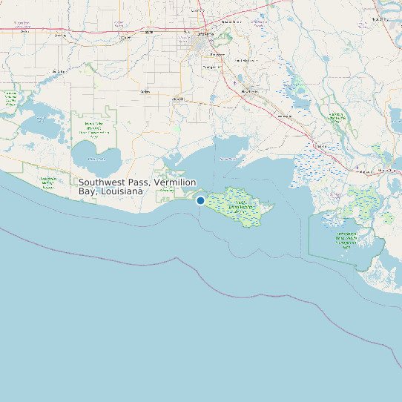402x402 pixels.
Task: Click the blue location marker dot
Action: pos(200,200)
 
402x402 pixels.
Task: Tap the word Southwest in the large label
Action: pos(102,182)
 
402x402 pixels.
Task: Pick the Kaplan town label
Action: pos(145,92)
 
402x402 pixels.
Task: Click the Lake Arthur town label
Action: pos(58,72)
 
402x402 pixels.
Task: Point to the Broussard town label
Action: pos(217,55)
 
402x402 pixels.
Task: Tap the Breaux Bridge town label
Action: pos(227,22)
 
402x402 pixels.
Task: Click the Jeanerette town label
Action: pos(285,116)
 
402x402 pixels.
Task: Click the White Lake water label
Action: pos(96,158)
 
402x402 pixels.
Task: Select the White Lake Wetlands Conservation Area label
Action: pos(93,131)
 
